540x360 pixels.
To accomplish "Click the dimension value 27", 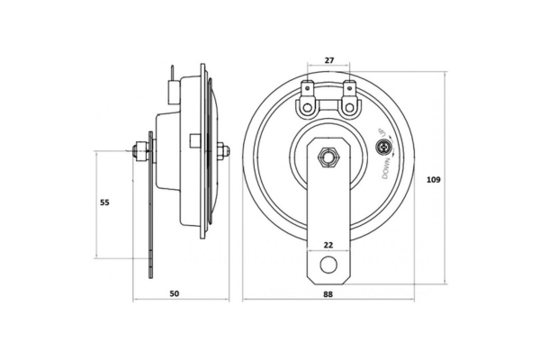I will tap(329, 60).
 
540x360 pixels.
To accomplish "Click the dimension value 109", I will tap(433, 179).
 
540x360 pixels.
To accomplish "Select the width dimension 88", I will tap(328, 293).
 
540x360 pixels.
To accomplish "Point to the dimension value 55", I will tap(104, 202).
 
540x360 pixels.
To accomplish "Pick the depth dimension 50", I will tap(175, 293).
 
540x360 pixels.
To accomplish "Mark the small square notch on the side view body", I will tap(195, 140).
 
